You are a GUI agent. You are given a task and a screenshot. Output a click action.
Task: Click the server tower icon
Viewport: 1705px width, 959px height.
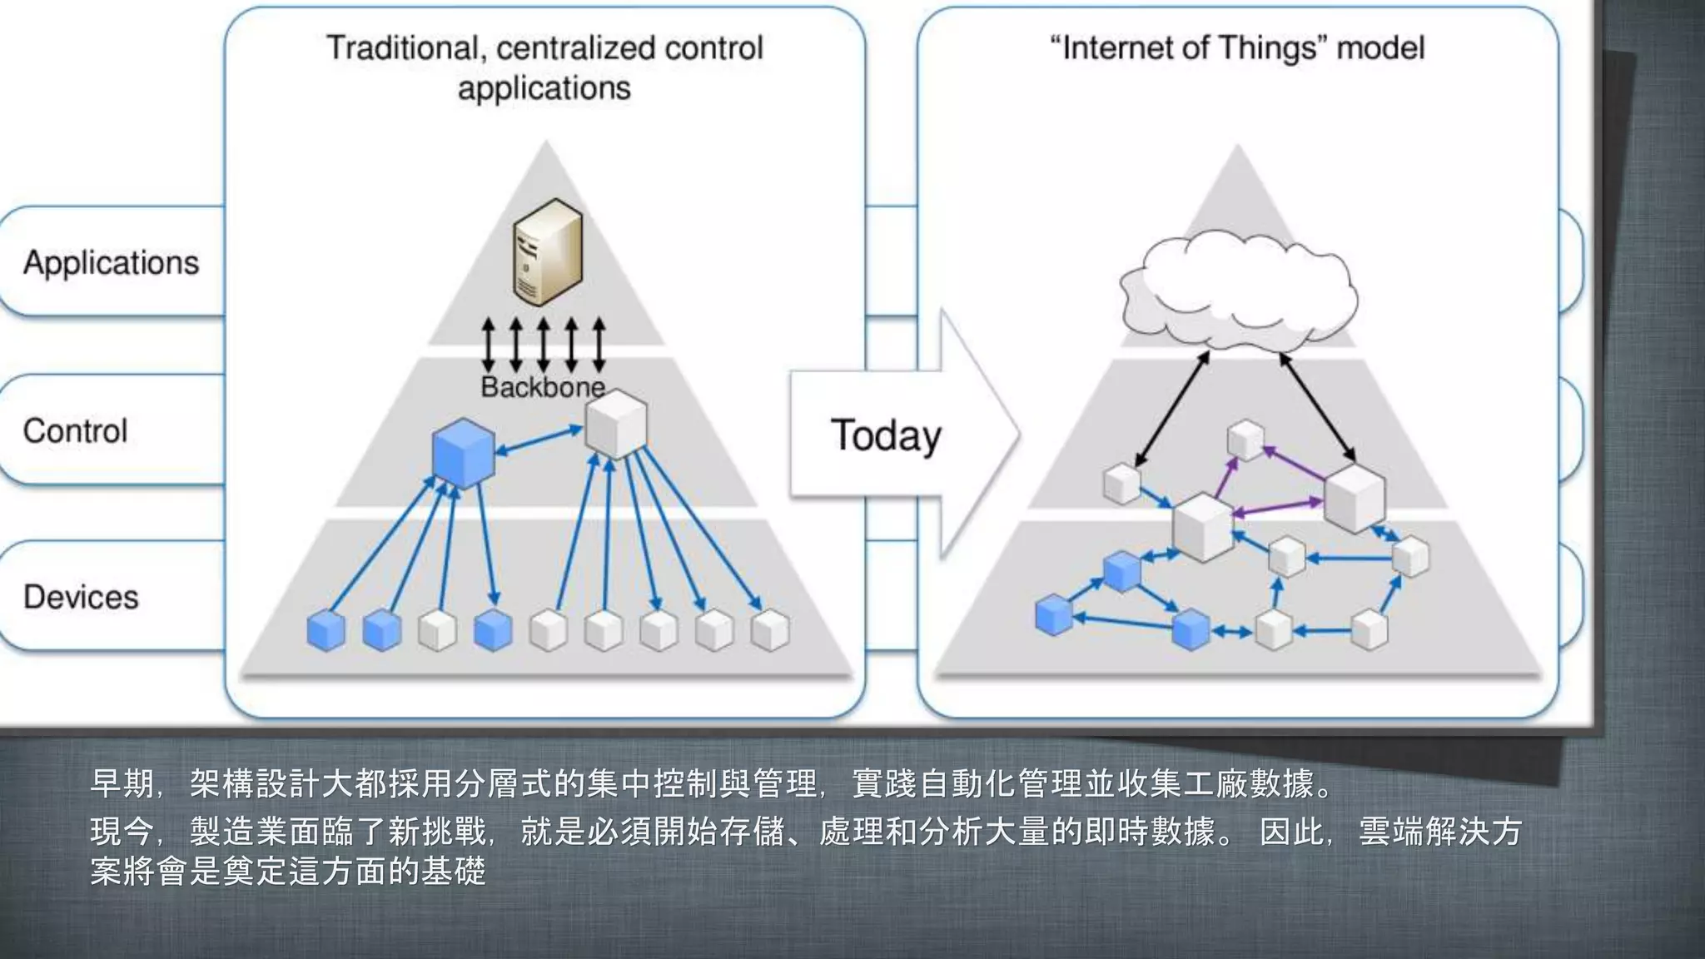click(x=547, y=252)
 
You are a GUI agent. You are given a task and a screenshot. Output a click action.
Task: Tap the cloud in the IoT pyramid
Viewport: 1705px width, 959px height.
click(x=1238, y=291)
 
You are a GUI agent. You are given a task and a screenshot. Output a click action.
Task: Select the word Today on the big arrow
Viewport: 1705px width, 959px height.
click(x=886, y=435)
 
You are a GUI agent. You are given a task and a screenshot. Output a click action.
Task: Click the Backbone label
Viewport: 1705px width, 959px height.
click(x=543, y=387)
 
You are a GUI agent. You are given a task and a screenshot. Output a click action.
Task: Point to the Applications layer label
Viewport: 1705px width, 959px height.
click(x=111, y=263)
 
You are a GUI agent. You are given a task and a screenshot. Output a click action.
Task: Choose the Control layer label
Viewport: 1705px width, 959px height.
click(x=76, y=431)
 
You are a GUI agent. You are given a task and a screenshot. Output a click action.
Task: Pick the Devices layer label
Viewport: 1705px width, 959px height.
click(x=81, y=598)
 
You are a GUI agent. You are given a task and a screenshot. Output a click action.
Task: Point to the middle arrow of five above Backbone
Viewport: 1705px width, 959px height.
click(x=544, y=344)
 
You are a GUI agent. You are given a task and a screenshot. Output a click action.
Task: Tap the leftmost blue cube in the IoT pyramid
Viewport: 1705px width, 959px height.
click(x=1054, y=615)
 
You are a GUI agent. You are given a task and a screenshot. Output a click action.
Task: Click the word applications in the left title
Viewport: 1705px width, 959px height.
click(x=544, y=88)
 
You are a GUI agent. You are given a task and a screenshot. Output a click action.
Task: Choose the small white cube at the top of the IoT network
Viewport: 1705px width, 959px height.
click(x=1245, y=440)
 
